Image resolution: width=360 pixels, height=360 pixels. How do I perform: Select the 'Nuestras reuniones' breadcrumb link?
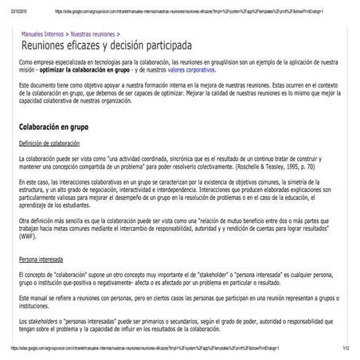[x=92, y=35]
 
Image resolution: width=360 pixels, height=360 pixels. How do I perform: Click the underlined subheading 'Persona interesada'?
[x=42, y=259]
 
